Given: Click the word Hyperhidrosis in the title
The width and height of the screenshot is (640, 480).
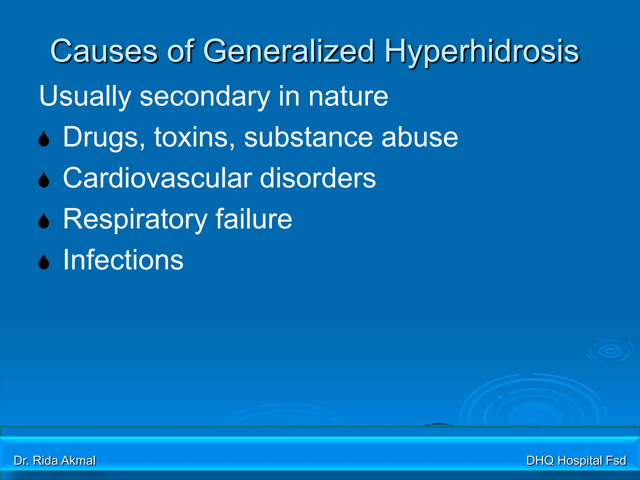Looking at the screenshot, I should [x=482, y=52].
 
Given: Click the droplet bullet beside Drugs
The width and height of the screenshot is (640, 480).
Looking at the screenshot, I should [x=44, y=139].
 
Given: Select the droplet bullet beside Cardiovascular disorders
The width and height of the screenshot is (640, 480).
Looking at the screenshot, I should [x=44, y=180].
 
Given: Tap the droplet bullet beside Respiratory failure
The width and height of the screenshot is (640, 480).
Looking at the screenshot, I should [x=44, y=221].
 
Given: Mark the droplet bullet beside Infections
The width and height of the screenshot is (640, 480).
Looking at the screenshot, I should [x=44, y=262].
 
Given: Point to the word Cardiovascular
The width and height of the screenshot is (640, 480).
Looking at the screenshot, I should [x=158, y=178].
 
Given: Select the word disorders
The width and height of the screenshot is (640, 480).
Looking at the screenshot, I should [x=318, y=178].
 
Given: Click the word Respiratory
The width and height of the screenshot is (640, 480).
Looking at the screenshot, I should [x=135, y=219].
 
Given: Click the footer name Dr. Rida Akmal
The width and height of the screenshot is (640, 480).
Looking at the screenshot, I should [x=55, y=461].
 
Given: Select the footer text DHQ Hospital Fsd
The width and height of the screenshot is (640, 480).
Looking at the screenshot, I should [x=576, y=461].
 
